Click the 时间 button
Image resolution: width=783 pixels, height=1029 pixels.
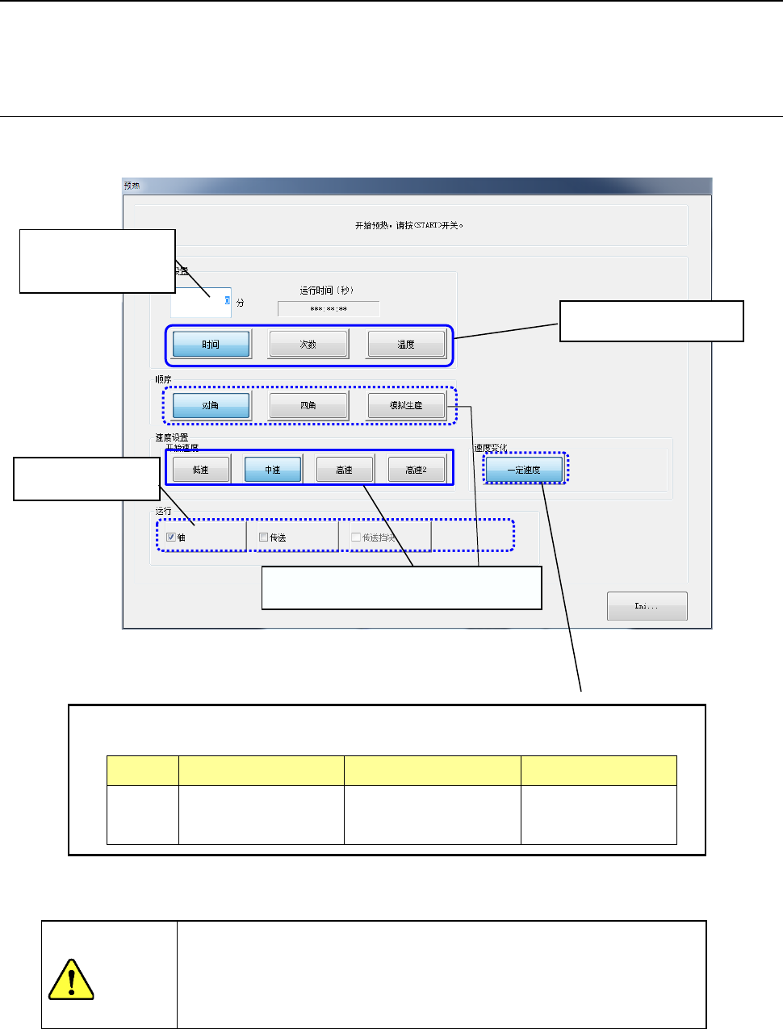[x=211, y=345]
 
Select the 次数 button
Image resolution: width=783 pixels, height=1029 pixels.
[x=308, y=345]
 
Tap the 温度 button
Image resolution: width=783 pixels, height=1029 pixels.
[x=406, y=345]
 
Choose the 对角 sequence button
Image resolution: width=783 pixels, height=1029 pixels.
[x=211, y=405]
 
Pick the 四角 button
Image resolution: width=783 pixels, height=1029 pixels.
[x=308, y=405]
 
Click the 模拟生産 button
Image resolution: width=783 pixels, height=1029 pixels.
[x=406, y=405]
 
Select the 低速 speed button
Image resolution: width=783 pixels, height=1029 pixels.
[x=201, y=470]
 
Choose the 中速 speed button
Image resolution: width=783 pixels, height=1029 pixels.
[x=273, y=470]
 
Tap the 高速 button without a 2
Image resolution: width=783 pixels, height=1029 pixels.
[x=345, y=470]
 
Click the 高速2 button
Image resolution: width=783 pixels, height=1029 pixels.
[x=417, y=470]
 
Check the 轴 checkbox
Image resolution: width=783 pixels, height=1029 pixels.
[x=171, y=538]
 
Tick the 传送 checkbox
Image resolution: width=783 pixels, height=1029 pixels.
[x=264, y=538]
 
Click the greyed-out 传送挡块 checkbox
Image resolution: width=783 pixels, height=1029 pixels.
[x=356, y=538]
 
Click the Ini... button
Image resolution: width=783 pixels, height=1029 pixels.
[x=647, y=606]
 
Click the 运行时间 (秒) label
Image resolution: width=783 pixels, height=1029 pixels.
[x=327, y=291]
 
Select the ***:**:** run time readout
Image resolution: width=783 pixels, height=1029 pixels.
[x=329, y=309]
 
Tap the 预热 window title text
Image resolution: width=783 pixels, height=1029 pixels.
[x=132, y=186]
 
